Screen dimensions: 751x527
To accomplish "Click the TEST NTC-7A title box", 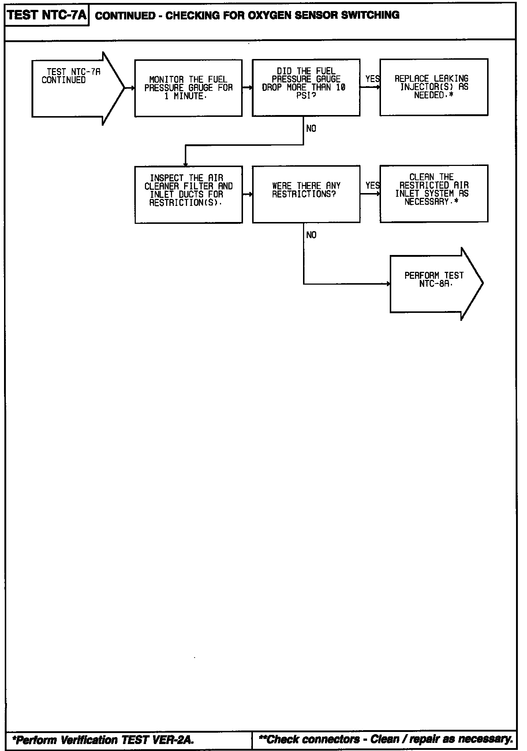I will pos(47,15).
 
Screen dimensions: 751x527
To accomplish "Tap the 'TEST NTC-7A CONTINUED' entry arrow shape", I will pos(73,88).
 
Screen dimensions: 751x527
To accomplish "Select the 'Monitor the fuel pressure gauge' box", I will pos(188,88).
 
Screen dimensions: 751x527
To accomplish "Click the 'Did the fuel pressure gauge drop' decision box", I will pos(306,88).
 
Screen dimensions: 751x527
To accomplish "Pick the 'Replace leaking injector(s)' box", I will pos(434,87).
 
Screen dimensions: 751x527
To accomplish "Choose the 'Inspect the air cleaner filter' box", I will pos(188,195).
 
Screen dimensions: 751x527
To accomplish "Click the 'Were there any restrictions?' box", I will pos(306,194).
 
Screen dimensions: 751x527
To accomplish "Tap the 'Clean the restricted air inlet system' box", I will pos(434,193).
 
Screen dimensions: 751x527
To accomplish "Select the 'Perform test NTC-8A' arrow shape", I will pos(434,284).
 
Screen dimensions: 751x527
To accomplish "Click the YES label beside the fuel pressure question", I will pos(372,79).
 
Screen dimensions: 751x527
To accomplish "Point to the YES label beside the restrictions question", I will pos(372,186).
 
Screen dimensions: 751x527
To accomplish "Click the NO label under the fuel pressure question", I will pos(311,129).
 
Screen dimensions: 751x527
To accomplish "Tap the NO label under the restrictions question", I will pos(311,235).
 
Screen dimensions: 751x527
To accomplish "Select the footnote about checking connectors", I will pos(385,739).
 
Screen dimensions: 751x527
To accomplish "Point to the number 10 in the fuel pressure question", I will pos(340,88).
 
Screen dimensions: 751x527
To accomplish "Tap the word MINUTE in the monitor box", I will pos(188,96).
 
